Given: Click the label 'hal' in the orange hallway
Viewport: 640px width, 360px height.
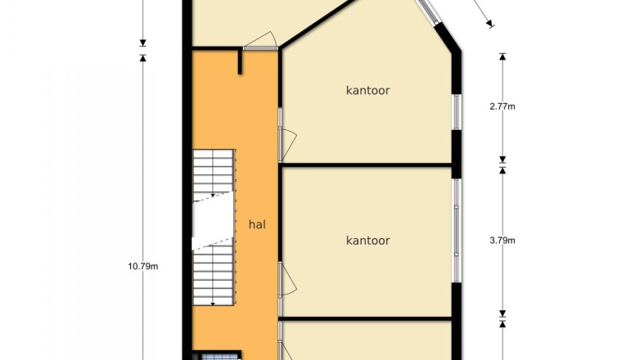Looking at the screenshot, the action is click(257, 224).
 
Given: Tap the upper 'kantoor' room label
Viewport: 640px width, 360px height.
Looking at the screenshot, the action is click(367, 90).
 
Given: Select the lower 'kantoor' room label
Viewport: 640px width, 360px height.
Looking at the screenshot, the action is click(367, 241).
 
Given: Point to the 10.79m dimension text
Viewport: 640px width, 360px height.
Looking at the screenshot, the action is click(143, 267).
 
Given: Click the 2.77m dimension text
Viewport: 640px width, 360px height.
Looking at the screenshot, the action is click(503, 106).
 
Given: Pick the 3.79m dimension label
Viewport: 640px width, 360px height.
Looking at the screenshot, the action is click(503, 241).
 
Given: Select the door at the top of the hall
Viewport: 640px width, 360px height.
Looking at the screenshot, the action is click(261, 41).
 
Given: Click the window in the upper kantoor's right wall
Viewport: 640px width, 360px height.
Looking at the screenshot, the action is click(457, 113).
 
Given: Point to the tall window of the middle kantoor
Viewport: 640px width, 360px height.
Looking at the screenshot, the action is click(457, 231).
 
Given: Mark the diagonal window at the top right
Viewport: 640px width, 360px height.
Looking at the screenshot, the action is click(428, 12).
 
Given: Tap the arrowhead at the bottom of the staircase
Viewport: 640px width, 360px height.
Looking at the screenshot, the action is click(213, 304).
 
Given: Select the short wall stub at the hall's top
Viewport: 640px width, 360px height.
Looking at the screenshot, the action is click(240, 61).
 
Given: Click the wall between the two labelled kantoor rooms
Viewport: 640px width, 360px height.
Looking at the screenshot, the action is click(367, 165).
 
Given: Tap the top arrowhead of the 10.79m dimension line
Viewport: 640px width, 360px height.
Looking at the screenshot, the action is click(143, 58).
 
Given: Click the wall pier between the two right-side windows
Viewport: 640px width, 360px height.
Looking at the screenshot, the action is click(457, 155).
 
